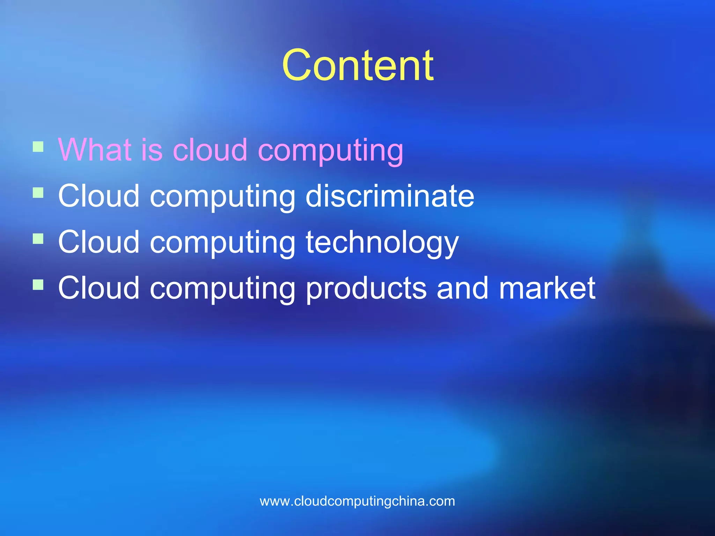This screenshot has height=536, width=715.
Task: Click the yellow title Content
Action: pos(357,65)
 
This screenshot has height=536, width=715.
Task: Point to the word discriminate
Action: pos(390,196)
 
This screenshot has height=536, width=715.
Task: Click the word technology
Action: pos(382,243)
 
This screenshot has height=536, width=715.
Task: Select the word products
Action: pos(366,289)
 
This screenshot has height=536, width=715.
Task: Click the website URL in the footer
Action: pos(357,501)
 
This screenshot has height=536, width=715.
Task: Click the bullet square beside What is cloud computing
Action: pos(38,147)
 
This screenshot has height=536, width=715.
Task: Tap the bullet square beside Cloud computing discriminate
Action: pos(38,193)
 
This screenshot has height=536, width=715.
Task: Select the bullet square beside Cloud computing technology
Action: pos(38,239)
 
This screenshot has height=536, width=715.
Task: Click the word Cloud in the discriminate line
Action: pos(99,196)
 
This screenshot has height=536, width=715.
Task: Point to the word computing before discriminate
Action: pos(222,197)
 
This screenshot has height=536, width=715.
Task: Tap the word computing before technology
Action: pos(222,243)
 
